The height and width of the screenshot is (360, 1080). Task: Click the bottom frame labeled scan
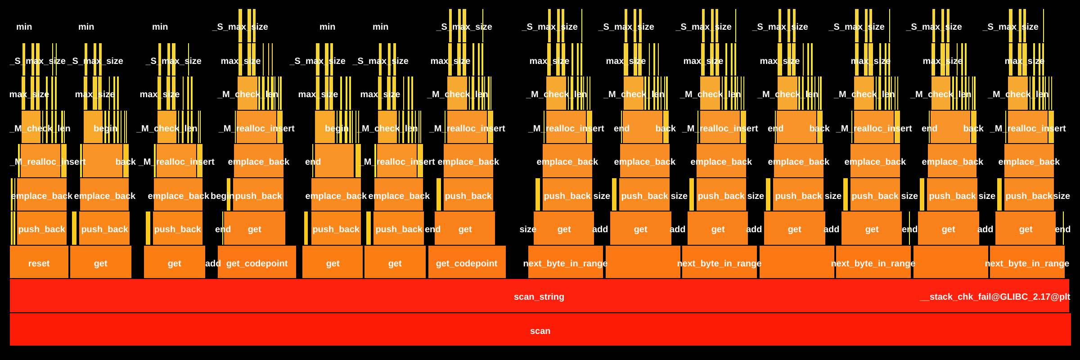[540, 331]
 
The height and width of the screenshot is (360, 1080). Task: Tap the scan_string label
[539, 297]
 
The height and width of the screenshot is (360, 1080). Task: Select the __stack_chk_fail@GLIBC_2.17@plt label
[994, 297]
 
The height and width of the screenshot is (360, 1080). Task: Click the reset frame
[39, 263]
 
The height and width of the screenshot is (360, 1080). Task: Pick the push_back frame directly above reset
[41, 229]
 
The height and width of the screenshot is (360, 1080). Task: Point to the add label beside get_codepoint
[213, 263]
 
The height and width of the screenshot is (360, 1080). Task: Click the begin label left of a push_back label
[222, 196]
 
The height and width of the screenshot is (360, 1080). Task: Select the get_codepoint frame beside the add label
[257, 263]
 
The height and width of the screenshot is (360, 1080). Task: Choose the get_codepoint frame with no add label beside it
[467, 263]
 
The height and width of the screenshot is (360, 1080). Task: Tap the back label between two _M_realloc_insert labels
[125, 162]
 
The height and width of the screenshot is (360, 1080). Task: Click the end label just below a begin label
[313, 162]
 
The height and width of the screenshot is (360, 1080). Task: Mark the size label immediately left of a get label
[527, 229]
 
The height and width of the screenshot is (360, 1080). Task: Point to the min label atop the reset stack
[24, 27]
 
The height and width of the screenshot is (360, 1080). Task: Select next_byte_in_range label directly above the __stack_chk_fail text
[1027, 263]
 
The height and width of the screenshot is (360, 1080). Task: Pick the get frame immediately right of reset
[100, 263]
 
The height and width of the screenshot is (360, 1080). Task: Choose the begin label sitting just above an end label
[337, 128]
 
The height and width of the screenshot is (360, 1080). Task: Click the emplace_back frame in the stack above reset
[41, 196]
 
